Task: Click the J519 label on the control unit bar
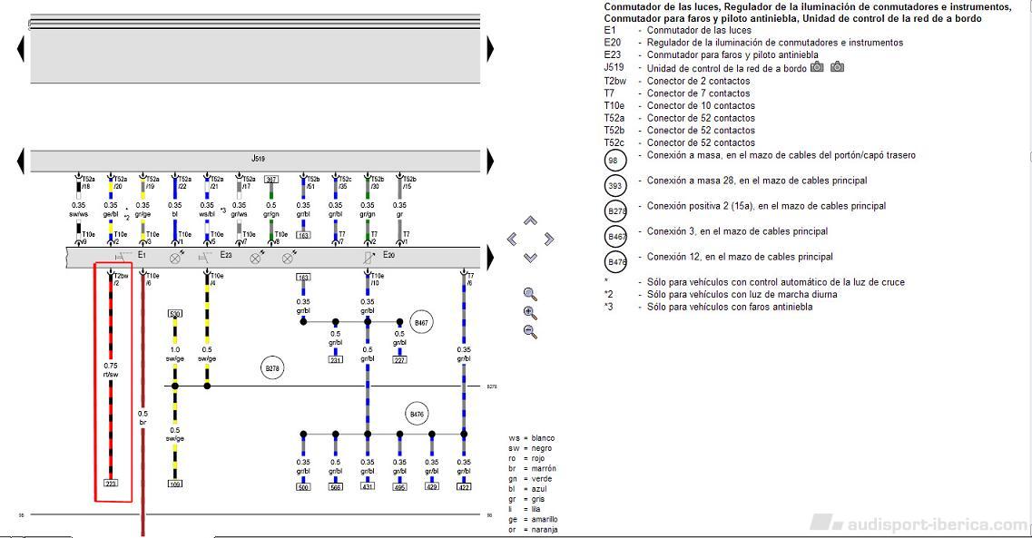(x=256, y=158)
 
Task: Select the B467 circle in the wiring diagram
(x=420, y=322)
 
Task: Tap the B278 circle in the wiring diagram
(x=271, y=368)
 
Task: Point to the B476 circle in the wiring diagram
(x=417, y=415)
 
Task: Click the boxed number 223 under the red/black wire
(x=111, y=484)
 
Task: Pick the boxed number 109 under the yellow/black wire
(x=175, y=484)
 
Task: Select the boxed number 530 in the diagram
(x=175, y=314)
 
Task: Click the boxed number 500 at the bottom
(x=303, y=487)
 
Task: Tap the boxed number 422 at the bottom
(x=464, y=487)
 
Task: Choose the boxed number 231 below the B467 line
(x=335, y=360)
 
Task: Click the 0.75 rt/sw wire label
(x=111, y=369)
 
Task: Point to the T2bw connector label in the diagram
(x=121, y=274)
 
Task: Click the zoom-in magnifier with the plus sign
(x=530, y=312)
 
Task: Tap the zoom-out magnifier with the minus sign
(x=530, y=331)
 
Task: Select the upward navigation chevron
(x=531, y=220)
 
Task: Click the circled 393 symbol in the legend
(x=616, y=186)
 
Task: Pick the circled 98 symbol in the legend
(x=616, y=161)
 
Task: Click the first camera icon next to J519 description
(x=817, y=67)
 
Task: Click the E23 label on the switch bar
(x=226, y=256)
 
